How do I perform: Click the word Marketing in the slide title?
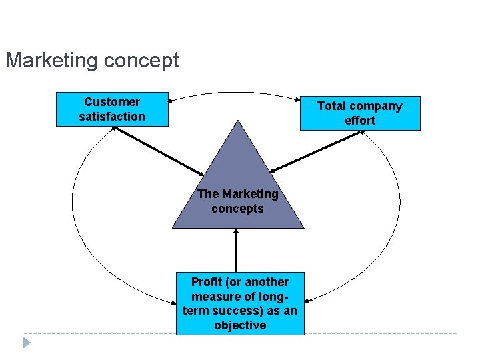(x=51, y=61)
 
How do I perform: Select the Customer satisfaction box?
(x=112, y=109)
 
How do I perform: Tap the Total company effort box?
(x=360, y=113)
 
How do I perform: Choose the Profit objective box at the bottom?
(x=240, y=303)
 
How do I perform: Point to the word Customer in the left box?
(x=112, y=102)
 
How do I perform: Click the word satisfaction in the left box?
(x=112, y=117)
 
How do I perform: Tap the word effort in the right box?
(x=360, y=121)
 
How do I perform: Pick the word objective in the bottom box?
(x=240, y=325)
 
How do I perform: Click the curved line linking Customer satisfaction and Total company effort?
(x=233, y=93)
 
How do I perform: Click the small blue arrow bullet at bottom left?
(x=27, y=343)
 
